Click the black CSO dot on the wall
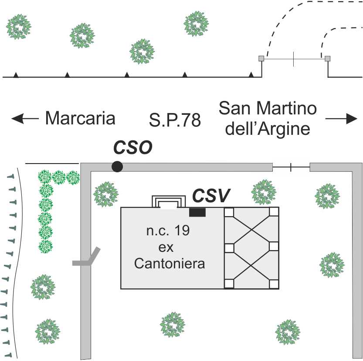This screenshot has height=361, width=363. pyautogui.click(x=117, y=166)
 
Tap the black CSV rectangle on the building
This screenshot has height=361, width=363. pyautogui.click(x=197, y=212)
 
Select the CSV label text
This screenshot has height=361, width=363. pyautogui.click(x=211, y=196)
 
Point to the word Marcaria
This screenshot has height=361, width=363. pyautogui.click(x=80, y=118)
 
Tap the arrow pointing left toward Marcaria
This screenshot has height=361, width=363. pyautogui.click(x=24, y=118)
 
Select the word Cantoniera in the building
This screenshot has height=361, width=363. pyautogui.click(x=170, y=263)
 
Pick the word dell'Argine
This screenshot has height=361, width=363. pyautogui.click(x=268, y=129)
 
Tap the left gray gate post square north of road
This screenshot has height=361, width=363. pyautogui.click(x=261, y=58)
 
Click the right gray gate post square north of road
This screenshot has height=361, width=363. pyautogui.click(x=328, y=58)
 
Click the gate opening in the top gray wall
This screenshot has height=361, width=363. pyautogui.click(x=291, y=167)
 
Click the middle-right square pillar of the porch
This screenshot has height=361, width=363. pyautogui.click(x=274, y=247)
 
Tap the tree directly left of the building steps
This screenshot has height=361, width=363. pyautogui.click(x=105, y=194)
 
